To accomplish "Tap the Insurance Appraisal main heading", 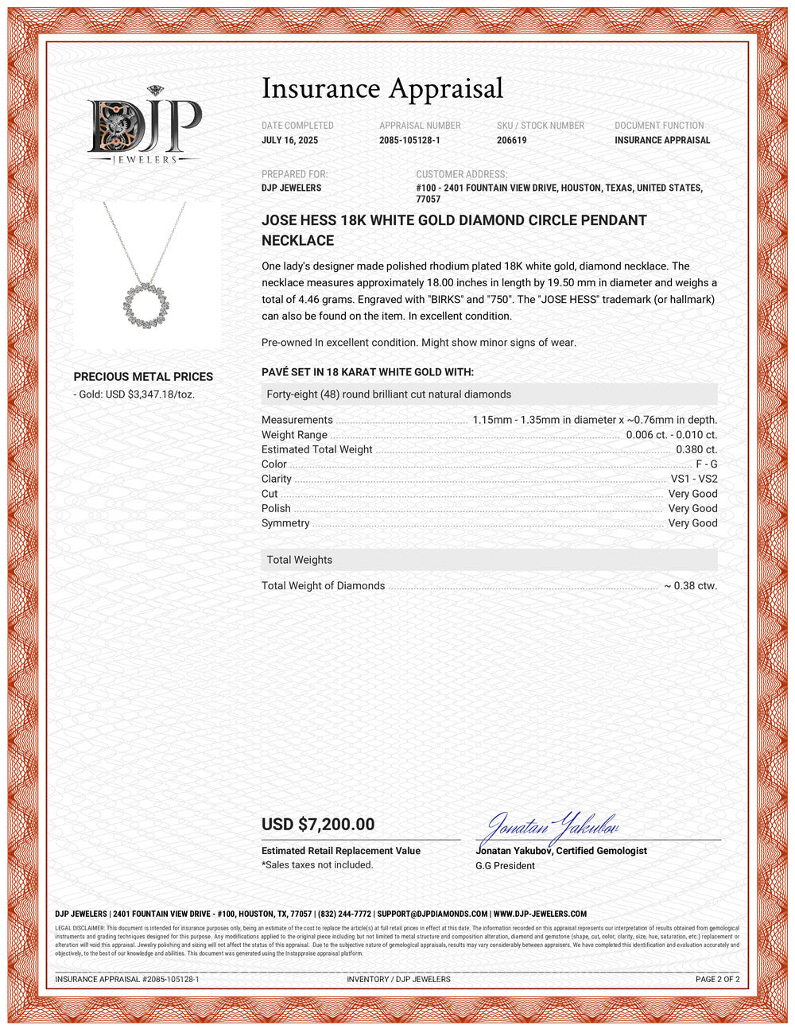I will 382,88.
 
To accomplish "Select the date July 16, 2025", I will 289,140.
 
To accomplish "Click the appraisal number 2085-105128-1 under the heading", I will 409,140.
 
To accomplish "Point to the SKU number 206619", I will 511,140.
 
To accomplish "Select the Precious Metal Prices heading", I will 143,377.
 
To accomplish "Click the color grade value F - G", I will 706,464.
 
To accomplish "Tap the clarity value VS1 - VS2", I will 693,479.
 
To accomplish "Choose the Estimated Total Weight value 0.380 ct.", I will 696,449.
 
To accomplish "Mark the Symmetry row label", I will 285,523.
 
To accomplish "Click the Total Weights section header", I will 300,560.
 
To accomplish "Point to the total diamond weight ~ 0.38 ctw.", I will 690,586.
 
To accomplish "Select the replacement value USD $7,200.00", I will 318,825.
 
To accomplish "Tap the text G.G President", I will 505,866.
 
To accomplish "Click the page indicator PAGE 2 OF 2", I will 717,980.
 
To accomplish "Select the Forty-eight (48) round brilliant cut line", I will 389,394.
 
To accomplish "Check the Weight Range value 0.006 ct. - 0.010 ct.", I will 671,435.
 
